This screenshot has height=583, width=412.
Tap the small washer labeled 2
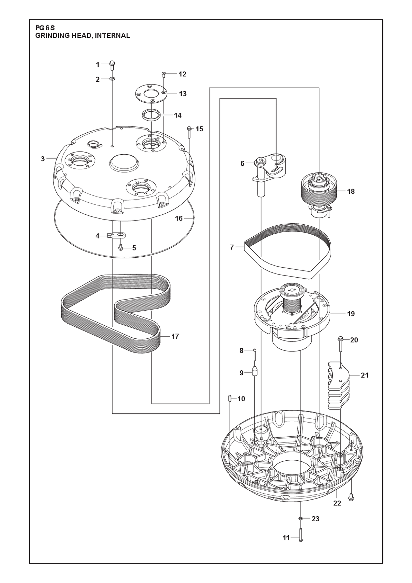pos(112,79)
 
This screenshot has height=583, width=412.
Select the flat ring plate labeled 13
pos(150,94)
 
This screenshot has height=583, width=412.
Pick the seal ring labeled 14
pos(151,115)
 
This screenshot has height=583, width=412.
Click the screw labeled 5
pos(121,247)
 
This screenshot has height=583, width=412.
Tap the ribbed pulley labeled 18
pos(319,193)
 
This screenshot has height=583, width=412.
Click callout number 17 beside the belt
pos(175,337)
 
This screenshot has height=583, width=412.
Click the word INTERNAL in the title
pos(113,36)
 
